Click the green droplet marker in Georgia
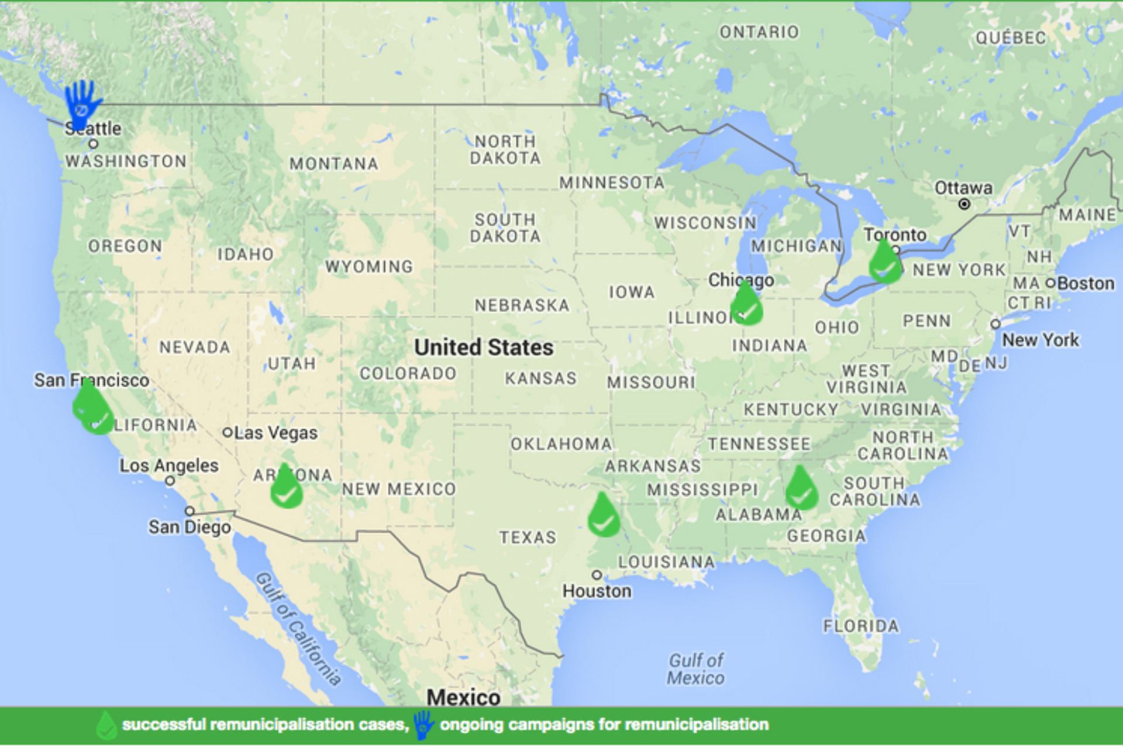point(801,490)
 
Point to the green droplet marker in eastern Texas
point(604,517)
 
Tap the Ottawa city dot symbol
point(964,204)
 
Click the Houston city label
point(597,591)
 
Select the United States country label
point(484,347)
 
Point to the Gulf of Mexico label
point(696,669)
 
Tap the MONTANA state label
point(334,164)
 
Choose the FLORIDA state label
point(861,626)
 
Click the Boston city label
point(1086,284)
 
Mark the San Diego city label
point(190,527)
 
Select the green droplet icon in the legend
point(106,725)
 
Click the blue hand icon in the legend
point(423,725)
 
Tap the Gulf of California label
point(298,629)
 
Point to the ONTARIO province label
point(759,32)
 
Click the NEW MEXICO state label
point(399,489)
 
